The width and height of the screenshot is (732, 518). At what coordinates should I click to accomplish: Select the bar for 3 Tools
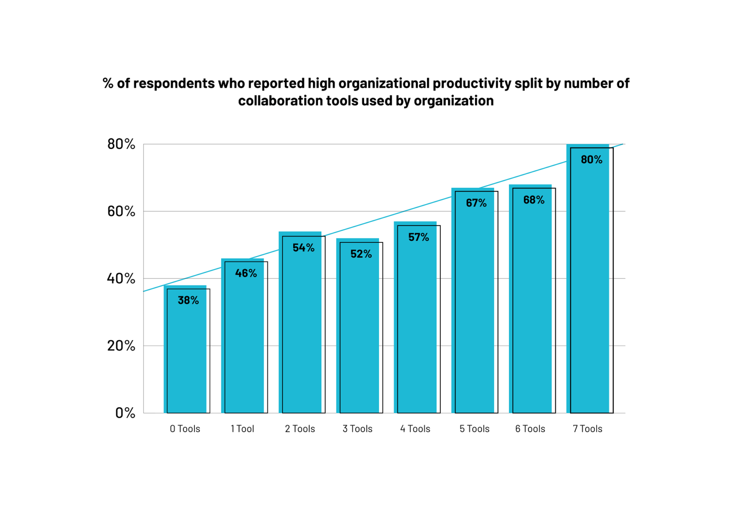[x=358, y=334]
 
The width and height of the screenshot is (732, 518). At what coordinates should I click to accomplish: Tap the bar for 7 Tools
[x=589, y=286]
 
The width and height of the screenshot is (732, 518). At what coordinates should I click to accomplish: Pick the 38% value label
[x=188, y=300]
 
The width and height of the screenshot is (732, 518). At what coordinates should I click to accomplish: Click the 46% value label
[x=246, y=273]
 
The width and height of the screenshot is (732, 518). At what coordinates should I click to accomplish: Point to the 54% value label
[x=304, y=248]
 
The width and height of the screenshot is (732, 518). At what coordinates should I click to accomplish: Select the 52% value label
[x=361, y=254]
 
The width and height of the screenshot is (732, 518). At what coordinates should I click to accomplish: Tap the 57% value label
[x=419, y=237]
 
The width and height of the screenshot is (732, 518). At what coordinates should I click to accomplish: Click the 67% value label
[x=477, y=203]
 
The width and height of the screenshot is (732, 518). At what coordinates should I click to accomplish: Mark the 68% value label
[x=534, y=200]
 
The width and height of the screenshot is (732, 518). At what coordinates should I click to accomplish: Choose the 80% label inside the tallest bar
[x=591, y=160]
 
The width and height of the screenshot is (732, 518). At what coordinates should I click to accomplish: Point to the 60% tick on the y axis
[x=121, y=211]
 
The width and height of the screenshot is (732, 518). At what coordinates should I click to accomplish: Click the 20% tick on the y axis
[x=121, y=346]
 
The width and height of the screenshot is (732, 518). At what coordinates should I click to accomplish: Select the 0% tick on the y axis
[x=125, y=413]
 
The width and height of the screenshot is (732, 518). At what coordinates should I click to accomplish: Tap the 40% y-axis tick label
[x=121, y=279]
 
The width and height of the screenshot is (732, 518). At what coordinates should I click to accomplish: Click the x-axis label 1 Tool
[x=243, y=429]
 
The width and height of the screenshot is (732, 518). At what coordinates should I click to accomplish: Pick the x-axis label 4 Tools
[x=415, y=429]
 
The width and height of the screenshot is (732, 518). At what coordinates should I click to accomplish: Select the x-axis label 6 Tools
[x=530, y=429]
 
